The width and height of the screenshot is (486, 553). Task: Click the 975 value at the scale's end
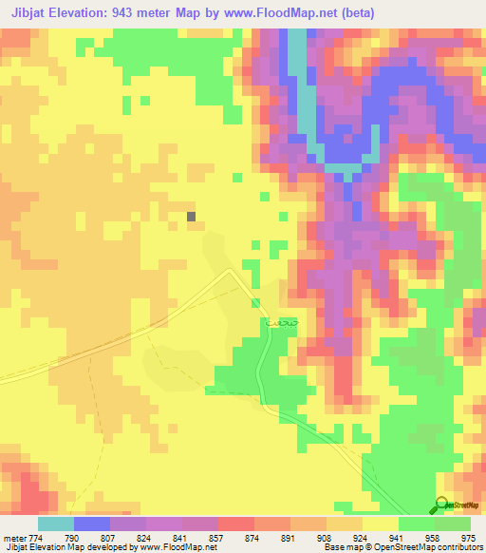[469, 537]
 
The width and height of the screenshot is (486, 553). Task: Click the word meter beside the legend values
[12, 537]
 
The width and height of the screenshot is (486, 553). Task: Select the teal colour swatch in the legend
[56, 524]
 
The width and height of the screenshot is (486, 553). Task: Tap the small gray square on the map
[193, 217]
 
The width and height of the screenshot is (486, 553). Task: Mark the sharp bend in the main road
[231, 271]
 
